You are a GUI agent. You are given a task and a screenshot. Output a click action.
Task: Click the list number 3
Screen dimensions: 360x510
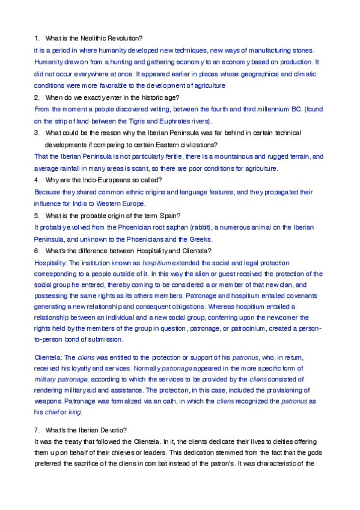tap(37, 132)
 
